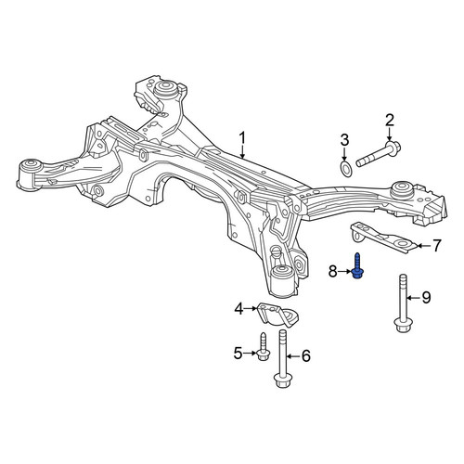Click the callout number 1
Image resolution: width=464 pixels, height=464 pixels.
(x=242, y=138)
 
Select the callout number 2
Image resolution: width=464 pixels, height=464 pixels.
(x=390, y=121)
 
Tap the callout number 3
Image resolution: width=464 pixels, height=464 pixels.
(x=344, y=140)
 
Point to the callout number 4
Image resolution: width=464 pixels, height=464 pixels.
(x=239, y=309)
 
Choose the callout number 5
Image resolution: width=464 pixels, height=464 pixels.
(x=238, y=354)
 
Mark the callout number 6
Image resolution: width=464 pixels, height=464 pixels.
(x=305, y=356)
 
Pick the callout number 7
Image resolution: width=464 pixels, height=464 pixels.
(x=436, y=246)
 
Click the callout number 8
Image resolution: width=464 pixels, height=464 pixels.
(x=332, y=272)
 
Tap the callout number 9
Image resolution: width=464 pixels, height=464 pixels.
(x=426, y=298)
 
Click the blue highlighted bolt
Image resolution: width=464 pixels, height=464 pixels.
(x=358, y=266)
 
